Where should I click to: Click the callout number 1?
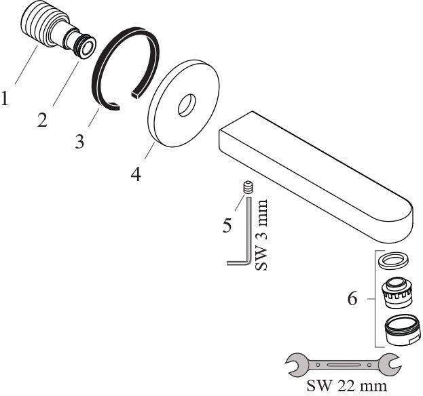point(4,98)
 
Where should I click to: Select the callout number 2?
point(43,120)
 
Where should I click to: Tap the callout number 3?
point(79,142)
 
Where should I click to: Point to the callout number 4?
point(136,174)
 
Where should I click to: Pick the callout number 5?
point(227,225)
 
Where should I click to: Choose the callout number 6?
point(352,298)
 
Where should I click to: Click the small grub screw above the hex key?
point(249,188)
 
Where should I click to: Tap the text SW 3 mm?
point(261,235)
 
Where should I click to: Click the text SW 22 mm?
point(347,386)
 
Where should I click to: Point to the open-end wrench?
point(344,365)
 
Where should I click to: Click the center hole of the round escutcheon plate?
point(187,105)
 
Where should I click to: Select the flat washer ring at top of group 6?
point(393,260)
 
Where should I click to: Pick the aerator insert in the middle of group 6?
point(396,294)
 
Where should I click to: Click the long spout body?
point(316,178)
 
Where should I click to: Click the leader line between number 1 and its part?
point(26,65)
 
